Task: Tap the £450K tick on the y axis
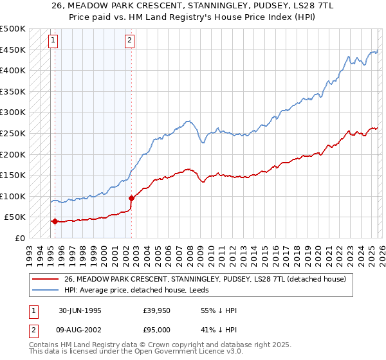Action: [13, 50]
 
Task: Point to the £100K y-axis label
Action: [13, 196]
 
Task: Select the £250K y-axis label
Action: [13, 133]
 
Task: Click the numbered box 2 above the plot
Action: [129, 40]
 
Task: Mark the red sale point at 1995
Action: [55, 221]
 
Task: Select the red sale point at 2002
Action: [131, 198]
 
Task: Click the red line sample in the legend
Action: [46, 279]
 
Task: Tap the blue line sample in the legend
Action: [46, 290]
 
